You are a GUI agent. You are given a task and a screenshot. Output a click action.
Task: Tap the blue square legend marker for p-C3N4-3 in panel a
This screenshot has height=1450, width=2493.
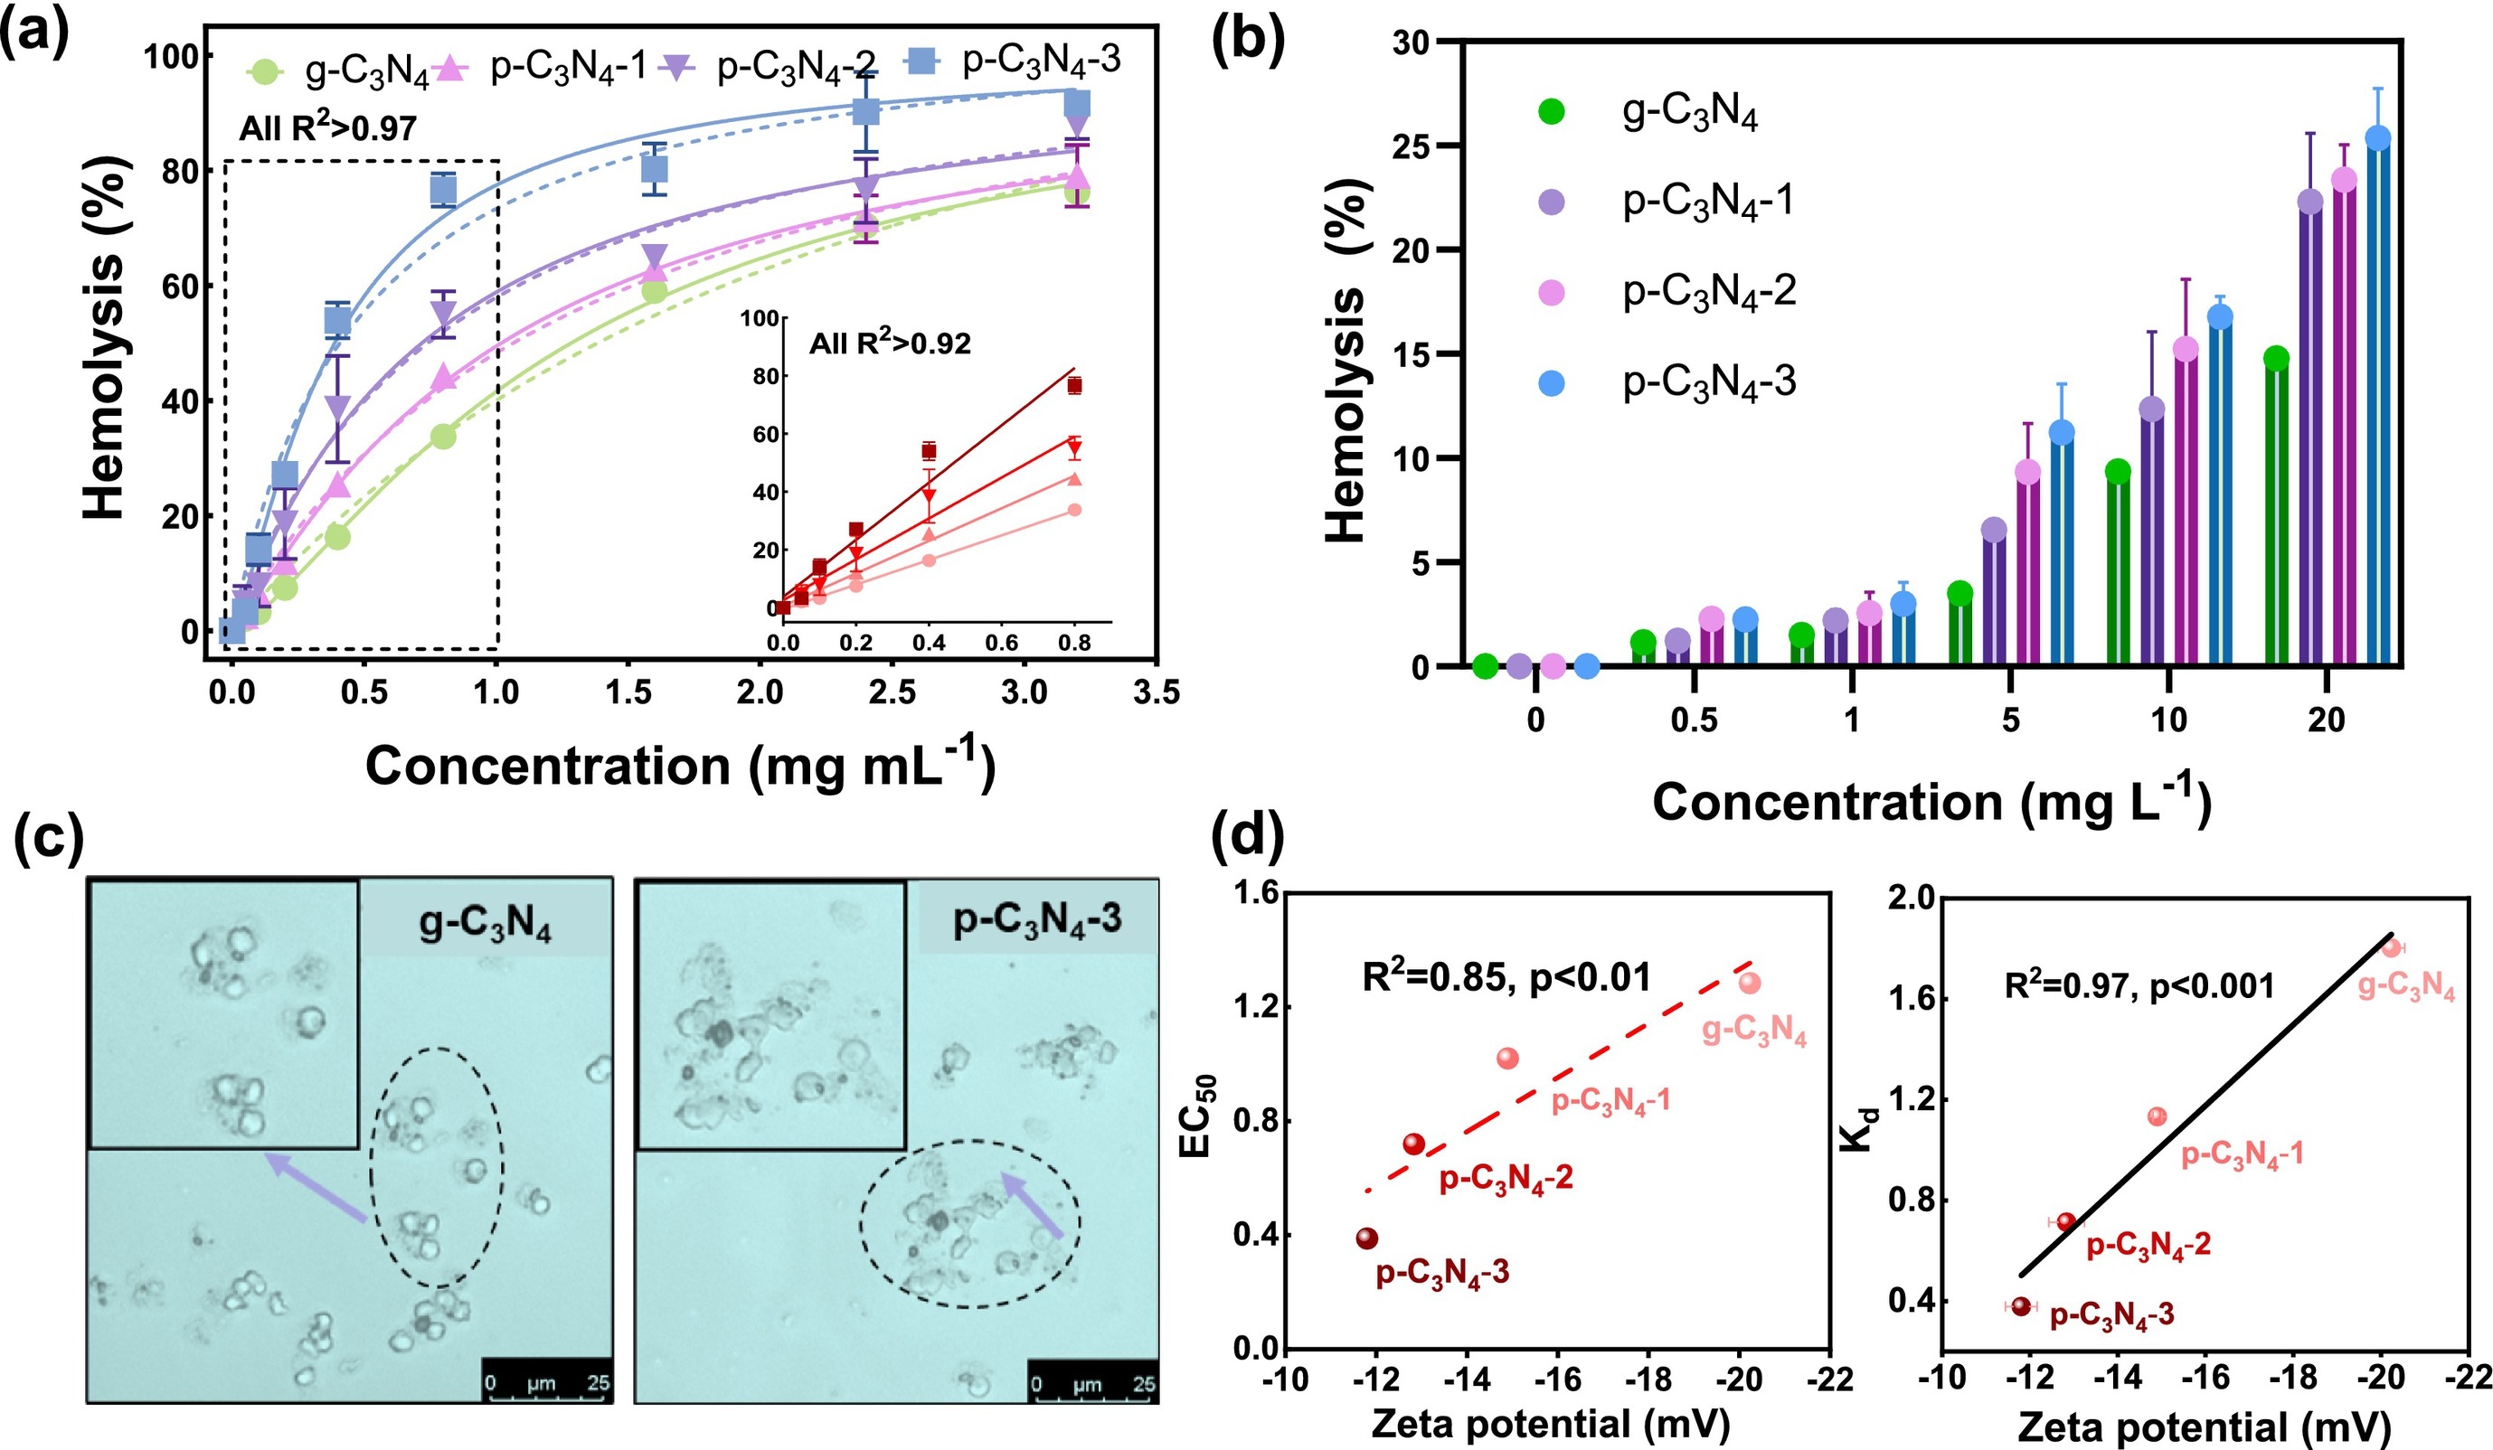[x=923, y=61]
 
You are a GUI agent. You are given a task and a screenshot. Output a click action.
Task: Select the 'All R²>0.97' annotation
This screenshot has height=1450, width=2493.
[x=327, y=127]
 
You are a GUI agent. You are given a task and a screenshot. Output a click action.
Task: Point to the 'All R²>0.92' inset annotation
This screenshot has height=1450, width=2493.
[x=890, y=344]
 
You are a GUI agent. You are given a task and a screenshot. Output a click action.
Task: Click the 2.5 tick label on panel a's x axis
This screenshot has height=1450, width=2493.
[x=892, y=692]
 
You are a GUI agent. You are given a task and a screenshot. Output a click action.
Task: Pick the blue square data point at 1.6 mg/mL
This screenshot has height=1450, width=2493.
[x=654, y=169]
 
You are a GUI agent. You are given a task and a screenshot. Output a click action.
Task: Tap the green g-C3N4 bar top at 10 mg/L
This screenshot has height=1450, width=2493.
[x=2118, y=472]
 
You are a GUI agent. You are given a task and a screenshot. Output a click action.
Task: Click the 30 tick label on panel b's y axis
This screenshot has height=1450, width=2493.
[x=1412, y=42]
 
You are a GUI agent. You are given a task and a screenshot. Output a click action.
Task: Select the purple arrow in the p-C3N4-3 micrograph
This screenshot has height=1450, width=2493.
[x=1033, y=1205]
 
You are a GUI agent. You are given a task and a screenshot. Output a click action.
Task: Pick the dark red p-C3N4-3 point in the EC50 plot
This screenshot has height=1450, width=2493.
[x=1367, y=1238]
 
